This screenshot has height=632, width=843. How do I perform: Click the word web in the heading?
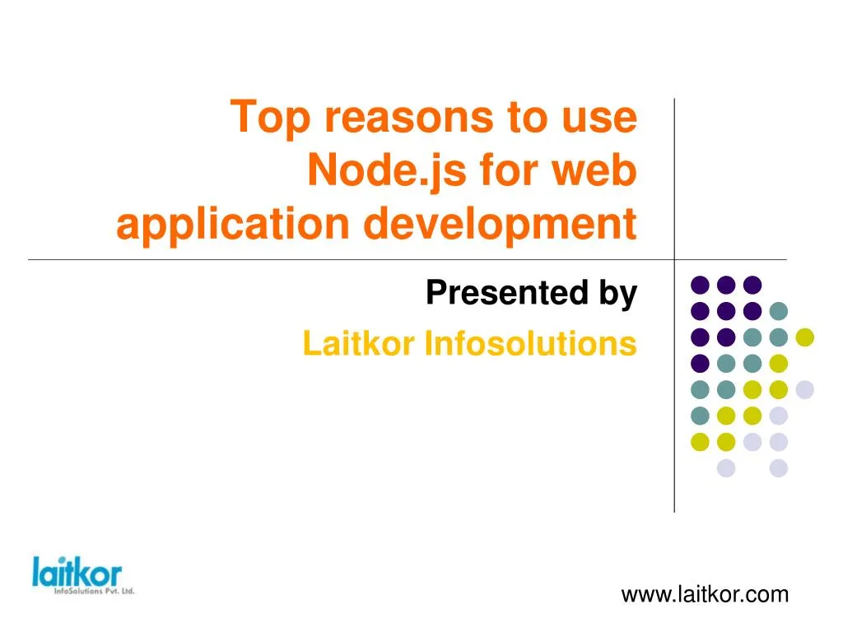pos(598,171)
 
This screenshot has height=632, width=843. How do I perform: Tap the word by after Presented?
pos(619,293)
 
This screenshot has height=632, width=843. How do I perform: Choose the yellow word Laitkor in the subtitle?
pos(360,344)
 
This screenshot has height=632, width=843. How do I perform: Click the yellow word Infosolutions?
pos(530,344)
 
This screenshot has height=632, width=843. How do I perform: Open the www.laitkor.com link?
pos(705,594)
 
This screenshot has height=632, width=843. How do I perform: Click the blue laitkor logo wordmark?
pos(77,572)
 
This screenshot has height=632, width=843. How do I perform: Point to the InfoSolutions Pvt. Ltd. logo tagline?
pos(93,591)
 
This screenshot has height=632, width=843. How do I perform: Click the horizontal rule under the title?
pos(329,260)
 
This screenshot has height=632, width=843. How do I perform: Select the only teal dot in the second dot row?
pos(778,311)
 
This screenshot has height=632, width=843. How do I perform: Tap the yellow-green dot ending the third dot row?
pos(804,337)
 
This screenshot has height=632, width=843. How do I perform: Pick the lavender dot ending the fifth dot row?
pos(804,390)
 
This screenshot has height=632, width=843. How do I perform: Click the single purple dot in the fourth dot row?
pos(700,363)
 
